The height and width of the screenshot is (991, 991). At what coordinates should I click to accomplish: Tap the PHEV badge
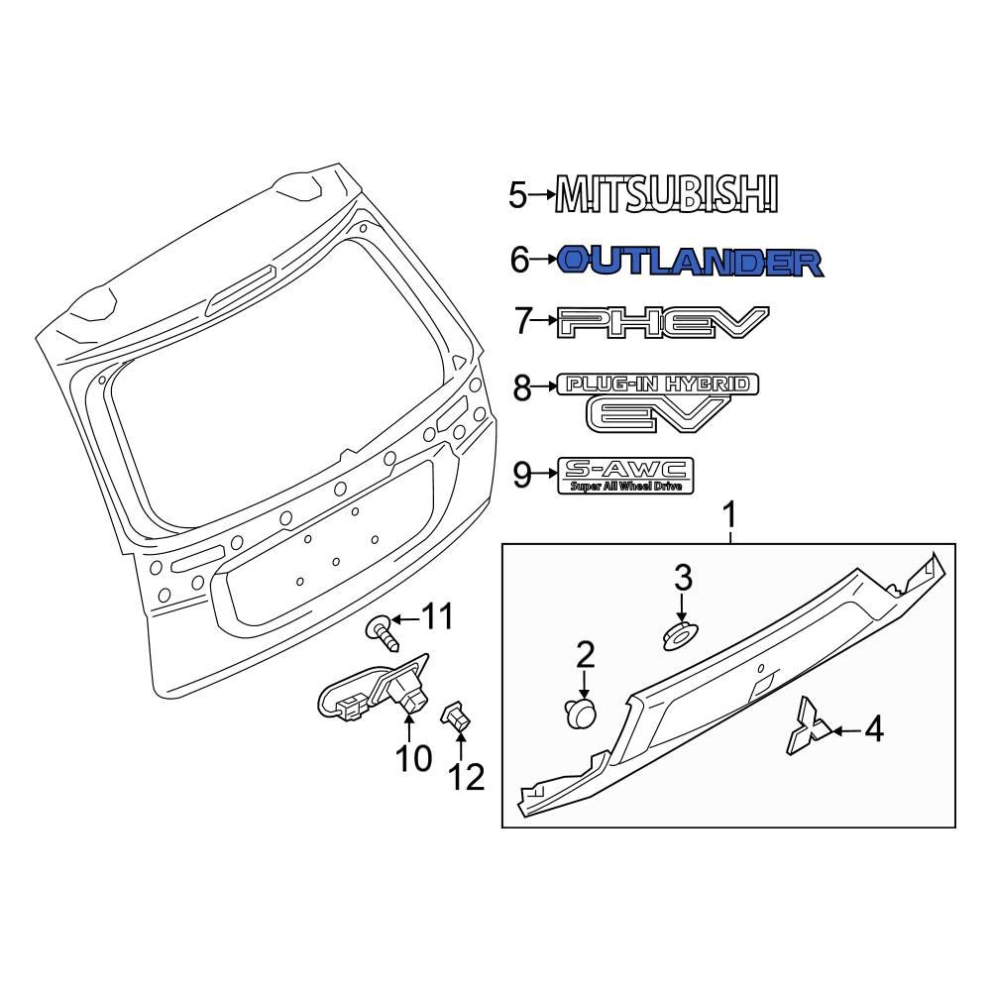(x=663, y=322)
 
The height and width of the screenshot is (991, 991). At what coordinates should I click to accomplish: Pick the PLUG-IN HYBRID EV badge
(x=658, y=401)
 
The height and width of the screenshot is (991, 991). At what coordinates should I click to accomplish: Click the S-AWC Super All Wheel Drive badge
(x=625, y=476)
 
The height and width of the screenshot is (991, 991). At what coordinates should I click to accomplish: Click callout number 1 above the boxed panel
(x=730, y=515)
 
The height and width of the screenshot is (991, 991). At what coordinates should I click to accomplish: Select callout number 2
(x=585, y=653)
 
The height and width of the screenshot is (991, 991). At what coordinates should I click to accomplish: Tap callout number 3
(x=683, y=577)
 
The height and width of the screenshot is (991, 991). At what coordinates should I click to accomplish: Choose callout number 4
(x=872, y=731)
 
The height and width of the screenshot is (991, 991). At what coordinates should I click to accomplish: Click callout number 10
(x=414, y=758)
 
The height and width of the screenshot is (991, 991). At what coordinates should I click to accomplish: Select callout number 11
(x=438, y=619)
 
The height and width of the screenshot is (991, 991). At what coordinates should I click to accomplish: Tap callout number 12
(x=468, y=778)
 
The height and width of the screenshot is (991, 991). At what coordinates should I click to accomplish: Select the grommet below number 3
(x=679, y=633)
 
